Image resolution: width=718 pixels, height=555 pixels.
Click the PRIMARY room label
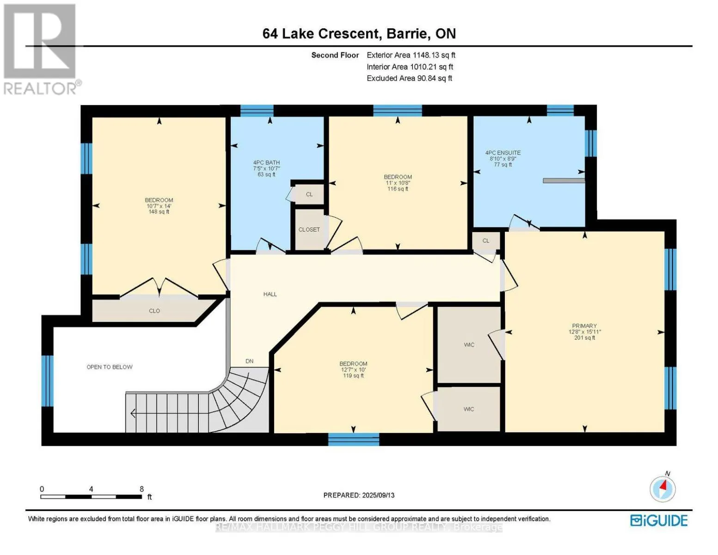point(584,326)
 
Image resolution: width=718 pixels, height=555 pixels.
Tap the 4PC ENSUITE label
point(503,153)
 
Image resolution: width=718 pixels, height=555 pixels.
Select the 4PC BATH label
point(266,163)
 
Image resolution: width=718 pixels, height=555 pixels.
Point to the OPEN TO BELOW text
point(110,367)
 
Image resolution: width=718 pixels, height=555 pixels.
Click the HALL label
point(270,294)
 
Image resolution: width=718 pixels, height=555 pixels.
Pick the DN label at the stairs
point(250,361)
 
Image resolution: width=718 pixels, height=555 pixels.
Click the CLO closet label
point(154,311)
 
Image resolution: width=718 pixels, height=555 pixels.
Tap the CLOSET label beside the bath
point(309,230)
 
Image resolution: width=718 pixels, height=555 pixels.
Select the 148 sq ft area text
point(159,212)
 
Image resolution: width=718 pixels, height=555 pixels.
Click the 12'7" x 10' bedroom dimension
point(353,370)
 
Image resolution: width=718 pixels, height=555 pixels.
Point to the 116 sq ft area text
point(398,189)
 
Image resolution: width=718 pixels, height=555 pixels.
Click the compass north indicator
point(663,488)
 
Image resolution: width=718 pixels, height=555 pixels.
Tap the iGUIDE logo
point(659,521)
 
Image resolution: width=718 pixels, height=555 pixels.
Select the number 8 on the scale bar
point(142,489)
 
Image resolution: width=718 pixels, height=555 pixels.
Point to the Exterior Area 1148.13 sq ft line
point(411,55)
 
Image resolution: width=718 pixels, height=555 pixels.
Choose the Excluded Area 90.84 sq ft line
point(409,78)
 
